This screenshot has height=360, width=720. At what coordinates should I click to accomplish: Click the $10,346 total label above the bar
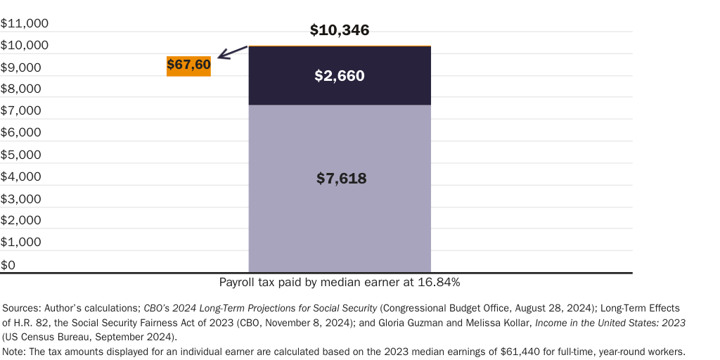tap(340, 30)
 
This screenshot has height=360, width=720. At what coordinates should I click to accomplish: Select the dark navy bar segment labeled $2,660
tap(340, 75)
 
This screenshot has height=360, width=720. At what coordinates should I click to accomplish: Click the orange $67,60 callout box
tap(188, 65)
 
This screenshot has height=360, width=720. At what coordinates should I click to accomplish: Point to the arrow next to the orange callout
tap(233, 52)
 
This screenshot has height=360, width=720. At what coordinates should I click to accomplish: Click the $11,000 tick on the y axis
tap(25, 23)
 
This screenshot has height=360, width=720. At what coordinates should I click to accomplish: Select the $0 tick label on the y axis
tap(8, 264)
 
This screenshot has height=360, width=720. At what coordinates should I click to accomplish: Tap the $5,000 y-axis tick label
tap(21, 155)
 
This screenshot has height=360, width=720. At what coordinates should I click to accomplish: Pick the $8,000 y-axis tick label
tap(21, 89)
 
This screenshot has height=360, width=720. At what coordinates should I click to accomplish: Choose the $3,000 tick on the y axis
tap(21, 198)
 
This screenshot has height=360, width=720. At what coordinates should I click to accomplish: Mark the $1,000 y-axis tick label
tap(21, 242)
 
